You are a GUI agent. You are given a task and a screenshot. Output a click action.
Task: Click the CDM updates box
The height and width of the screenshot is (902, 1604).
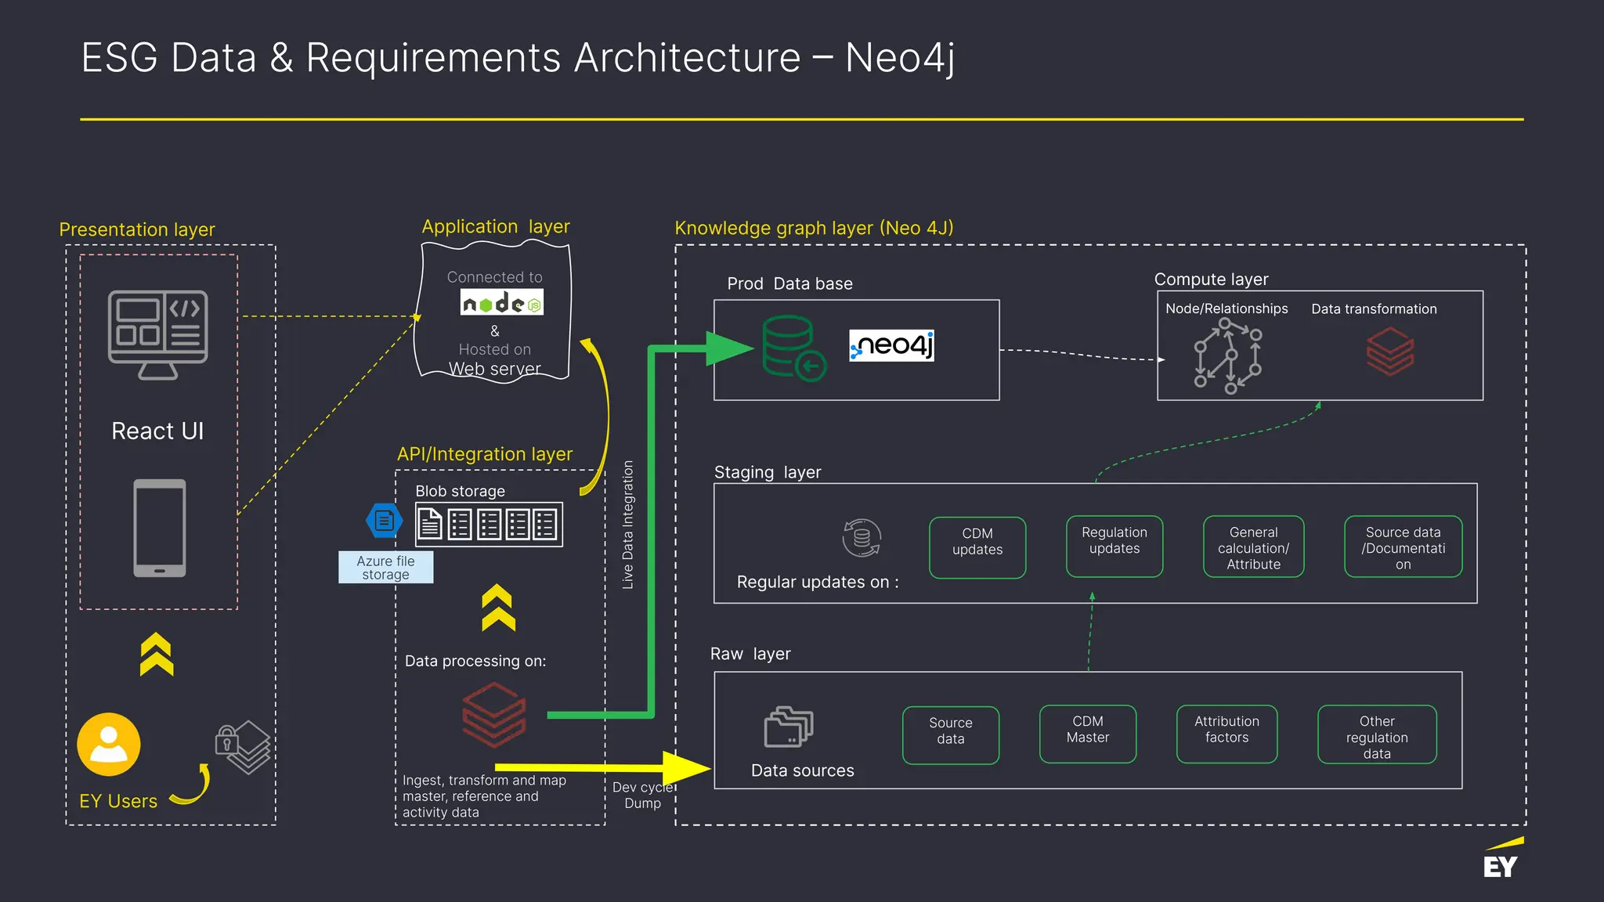(x=977, y=547)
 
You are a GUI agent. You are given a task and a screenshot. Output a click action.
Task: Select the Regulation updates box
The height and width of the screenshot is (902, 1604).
(x=1114, y=546)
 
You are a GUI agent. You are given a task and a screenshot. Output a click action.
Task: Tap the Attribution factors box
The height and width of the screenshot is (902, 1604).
(x=1226, y=734)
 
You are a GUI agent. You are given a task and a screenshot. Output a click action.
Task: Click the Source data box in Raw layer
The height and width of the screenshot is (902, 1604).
(x=950, y=735)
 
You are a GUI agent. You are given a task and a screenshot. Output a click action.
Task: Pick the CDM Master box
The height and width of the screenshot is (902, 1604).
(x=1087, y=734)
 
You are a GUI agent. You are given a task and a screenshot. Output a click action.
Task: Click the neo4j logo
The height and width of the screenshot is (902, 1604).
(x=891, y=345)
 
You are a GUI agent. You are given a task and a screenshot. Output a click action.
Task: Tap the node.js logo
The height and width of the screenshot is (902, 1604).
(x=501, y=303)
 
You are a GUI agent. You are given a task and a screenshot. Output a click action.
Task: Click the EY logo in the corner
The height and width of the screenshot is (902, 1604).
(x=1501, y=861)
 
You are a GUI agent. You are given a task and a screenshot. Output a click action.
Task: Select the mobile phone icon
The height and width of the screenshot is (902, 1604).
(x=159, y=528)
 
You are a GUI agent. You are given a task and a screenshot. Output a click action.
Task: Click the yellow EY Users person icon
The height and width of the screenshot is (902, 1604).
(x=109, y=744)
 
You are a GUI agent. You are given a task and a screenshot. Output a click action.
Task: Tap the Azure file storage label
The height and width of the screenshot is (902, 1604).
(x=385, y=568)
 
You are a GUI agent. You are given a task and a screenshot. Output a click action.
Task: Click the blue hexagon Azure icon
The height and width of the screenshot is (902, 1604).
(x=384, y=520)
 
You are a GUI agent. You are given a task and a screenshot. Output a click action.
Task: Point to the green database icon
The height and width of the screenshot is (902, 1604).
(x=793, y=348)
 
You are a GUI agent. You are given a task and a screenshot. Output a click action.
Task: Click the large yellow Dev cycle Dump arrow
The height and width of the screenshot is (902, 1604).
(x=603, y=767)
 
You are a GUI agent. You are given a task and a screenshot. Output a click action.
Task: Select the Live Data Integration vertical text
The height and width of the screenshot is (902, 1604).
(x=627, y=525)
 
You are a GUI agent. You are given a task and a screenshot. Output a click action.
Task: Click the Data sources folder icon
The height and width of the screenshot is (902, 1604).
(x=788, y=727)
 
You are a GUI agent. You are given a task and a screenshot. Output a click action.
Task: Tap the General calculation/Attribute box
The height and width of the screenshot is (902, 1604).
(x=1253, y=547)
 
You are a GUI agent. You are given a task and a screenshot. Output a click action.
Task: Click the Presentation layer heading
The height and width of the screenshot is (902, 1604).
(x=137, y=229)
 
